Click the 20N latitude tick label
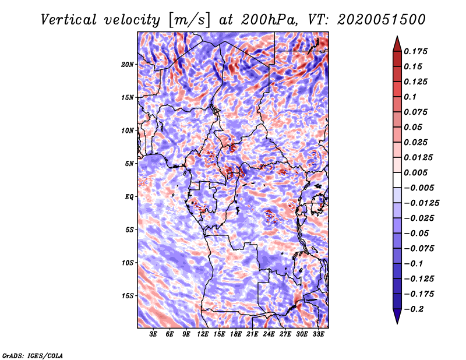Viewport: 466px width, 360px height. coord(127,65)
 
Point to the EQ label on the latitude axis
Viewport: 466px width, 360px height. coord(129,197)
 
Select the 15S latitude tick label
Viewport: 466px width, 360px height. coord(128,296)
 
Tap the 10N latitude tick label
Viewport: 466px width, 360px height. coord(127,130)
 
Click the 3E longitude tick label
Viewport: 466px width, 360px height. coord(153,334)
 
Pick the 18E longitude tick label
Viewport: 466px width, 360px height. coord(236,334)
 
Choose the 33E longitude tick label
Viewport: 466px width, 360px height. coord(318,334)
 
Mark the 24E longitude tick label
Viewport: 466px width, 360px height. coord(269,334)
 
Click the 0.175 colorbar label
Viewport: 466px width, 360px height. coord(415,51)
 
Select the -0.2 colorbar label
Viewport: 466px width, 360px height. coord(414,309)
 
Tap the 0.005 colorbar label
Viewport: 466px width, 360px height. coord(415,172)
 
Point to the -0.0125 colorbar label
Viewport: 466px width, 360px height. coord(421,203)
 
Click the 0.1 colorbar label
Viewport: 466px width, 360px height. coord(410,97)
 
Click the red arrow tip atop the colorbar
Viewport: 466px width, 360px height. coord(397,37)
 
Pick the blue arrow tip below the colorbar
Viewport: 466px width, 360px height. coord(397,323)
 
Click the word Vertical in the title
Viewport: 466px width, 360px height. coord(69,20)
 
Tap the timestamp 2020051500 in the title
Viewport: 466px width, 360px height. coord(382,20)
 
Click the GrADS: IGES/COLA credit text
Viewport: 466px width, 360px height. coord(33,355)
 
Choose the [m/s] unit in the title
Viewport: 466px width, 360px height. coord(189,20)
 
